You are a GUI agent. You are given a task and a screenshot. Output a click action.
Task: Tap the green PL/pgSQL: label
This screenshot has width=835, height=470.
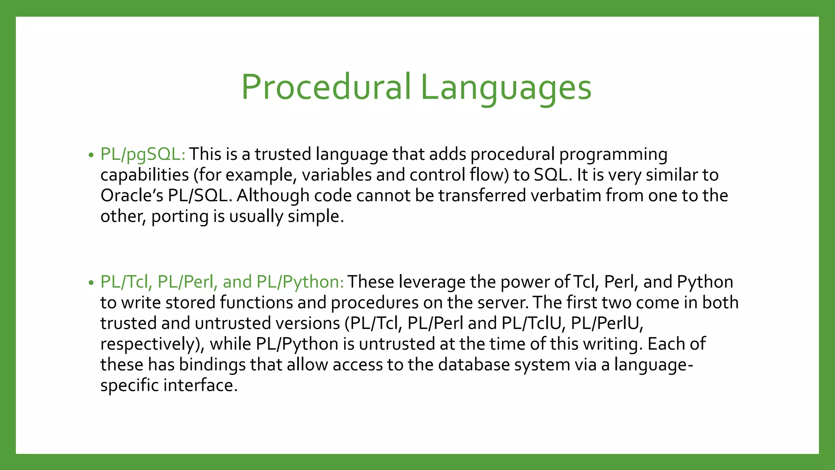(143, 154)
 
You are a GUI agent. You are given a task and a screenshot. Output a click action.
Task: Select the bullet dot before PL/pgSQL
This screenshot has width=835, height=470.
(91, 155)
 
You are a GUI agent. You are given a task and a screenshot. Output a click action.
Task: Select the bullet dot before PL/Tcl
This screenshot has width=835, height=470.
(91, 283)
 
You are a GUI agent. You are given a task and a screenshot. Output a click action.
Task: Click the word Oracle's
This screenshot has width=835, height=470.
(132, 195)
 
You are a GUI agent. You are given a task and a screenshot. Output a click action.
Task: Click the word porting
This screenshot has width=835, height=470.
(179, 217)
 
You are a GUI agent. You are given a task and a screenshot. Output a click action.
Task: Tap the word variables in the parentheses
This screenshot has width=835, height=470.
(336, 175)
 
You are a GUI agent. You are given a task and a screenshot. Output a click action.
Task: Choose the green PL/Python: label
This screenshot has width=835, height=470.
(300, 282)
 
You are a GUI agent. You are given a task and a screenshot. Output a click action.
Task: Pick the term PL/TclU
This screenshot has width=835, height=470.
(532, 323)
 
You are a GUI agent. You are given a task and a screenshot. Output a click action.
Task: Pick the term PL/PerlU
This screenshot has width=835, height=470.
(606, 323)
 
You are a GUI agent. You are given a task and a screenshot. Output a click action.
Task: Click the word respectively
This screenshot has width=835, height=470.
(152, 344)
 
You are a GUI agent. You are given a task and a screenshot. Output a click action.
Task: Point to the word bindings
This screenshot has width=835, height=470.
(212, 365)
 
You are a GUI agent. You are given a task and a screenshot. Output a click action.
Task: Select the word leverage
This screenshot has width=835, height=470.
(432, 282)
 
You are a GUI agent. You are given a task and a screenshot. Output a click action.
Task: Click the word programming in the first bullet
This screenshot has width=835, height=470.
(613, 155)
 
